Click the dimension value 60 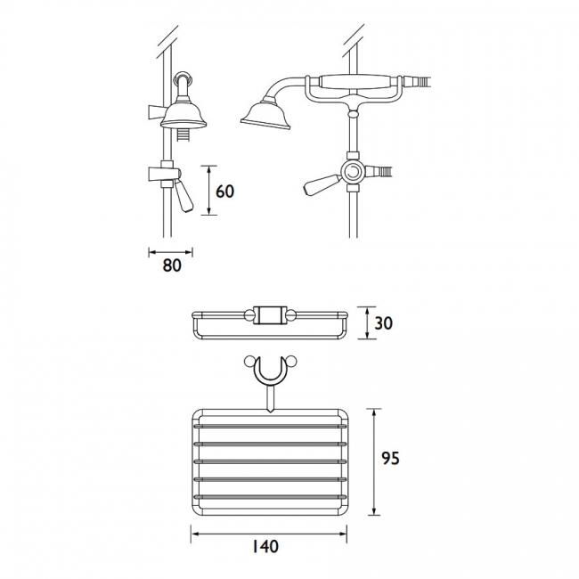coord(224,192)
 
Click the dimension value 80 coord(172,265)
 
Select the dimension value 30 coord(383,323)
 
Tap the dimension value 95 coord(390,458)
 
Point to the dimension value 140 coord(265,547)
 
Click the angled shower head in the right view coord(265,115)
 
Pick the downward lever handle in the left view coord(183,197)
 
